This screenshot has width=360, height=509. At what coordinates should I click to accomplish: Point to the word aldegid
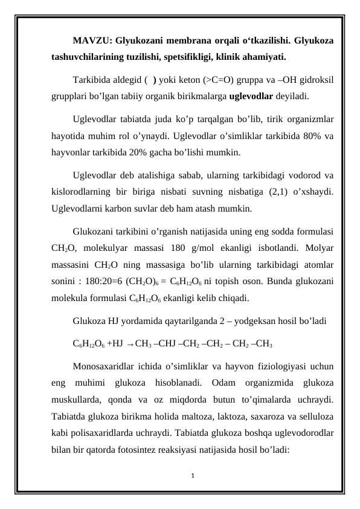[129, 79]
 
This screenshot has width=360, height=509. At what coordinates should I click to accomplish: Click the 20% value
[130, 153]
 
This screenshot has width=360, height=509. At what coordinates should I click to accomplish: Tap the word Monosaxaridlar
[103, 366]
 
